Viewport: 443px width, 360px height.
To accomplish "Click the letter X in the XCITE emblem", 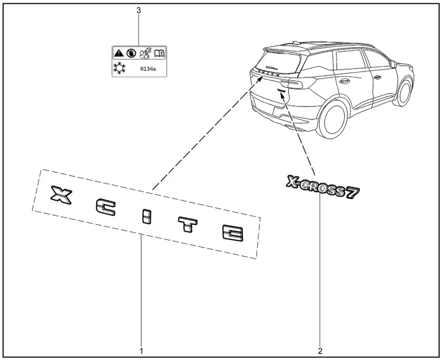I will [58, 194].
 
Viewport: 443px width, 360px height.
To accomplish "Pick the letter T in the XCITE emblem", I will [187, 224].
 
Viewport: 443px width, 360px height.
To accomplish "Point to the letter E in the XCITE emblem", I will [232, 233].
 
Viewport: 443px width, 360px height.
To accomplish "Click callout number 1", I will [141, 350].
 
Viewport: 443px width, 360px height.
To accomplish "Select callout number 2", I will [320, 350].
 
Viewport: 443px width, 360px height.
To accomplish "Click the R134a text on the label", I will [148, 69].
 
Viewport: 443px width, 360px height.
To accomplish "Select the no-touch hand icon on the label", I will [132, 53].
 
